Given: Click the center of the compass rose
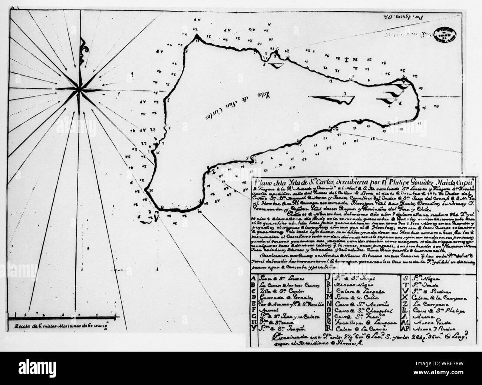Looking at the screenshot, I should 79,89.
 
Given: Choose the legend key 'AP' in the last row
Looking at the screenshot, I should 405,328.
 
